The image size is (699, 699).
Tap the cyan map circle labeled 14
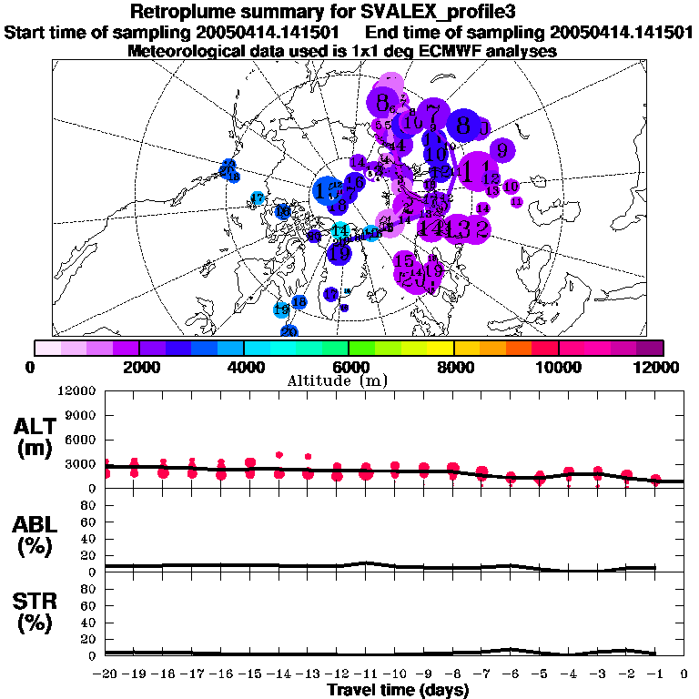point(340,231)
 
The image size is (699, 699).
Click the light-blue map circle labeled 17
point(258,198)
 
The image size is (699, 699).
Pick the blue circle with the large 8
point(464,125)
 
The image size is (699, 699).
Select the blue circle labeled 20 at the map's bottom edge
point(289,331)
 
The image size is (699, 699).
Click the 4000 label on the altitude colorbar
point(244,367)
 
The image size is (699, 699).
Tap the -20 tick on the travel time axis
point(106,674)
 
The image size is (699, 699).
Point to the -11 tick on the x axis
point(366,674)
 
